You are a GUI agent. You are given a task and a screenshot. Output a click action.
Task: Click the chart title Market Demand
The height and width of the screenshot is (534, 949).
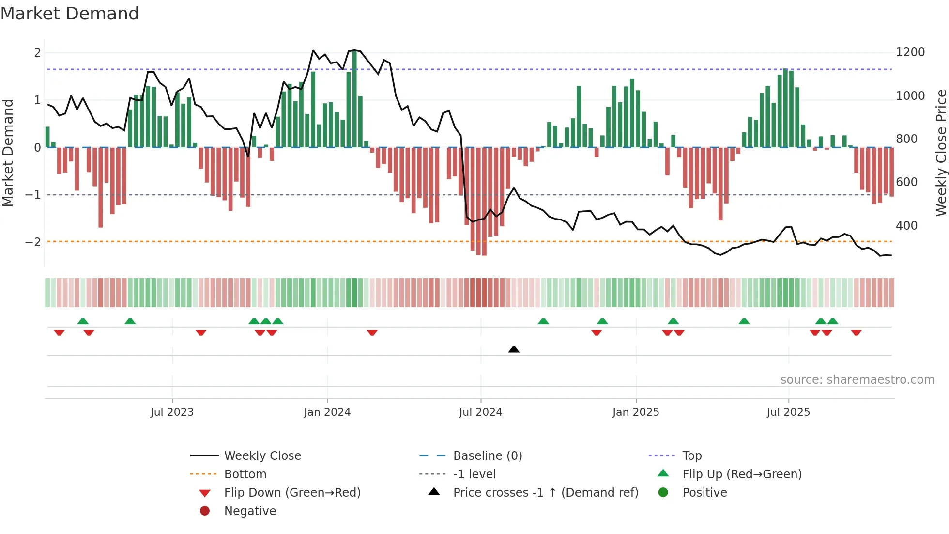coord(70,14)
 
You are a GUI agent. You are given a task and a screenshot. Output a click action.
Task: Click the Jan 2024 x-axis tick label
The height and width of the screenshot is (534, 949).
coord(327,412)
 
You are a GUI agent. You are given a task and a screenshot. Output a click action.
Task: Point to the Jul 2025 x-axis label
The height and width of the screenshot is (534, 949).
coord(788,412)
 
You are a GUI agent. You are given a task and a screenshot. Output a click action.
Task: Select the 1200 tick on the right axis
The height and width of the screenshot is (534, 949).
coord(910,52)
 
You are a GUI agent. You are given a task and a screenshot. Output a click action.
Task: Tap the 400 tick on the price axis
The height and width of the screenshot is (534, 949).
coord(906,226)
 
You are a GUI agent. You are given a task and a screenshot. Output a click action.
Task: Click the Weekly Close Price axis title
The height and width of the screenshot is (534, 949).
coord(941,153)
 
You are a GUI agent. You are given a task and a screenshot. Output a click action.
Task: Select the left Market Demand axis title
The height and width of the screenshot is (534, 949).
coord(8,153)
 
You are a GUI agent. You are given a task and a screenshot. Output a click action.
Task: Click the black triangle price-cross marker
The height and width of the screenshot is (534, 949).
coord(514,349)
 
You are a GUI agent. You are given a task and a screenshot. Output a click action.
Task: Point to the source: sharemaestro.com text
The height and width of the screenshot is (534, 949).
coord(857,380)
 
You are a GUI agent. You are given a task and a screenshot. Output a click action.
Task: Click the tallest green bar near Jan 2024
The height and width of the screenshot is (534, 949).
coord(354,99)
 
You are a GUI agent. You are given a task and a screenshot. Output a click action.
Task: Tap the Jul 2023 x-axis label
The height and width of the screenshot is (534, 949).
coord(172,412)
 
